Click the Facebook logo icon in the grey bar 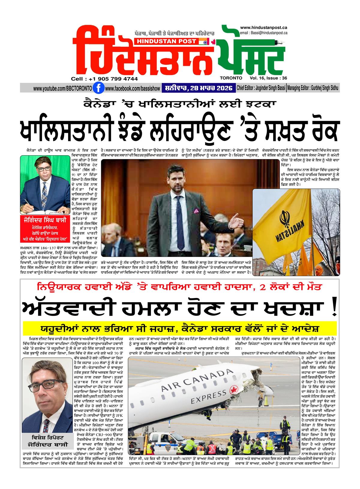pos(97,88)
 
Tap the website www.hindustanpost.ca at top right pos(264,28)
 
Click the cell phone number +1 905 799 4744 pos(105,79)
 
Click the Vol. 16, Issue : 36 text pos(268,78)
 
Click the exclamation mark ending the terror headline pos(334,308)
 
